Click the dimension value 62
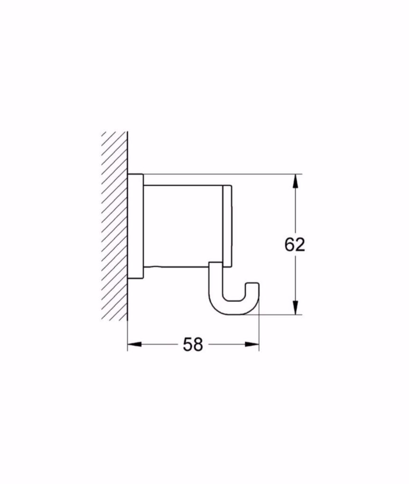coord(295,244)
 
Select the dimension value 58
coord(193,345)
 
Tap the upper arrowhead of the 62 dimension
coord(295,181)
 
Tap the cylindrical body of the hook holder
coord(183,225)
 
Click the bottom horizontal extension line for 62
coord(280,314)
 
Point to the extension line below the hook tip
coord(259,332)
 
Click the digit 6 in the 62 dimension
coord(289,244)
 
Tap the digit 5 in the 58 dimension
coord(187,345)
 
